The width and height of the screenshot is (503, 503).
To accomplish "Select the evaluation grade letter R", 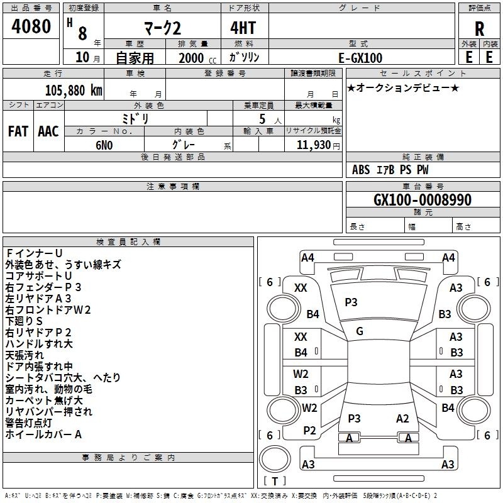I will click(x=479, y=30).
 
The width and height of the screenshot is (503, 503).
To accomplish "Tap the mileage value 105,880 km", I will click(x=74, y=90).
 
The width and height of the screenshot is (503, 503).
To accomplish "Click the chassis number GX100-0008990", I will click(x=422, y=201).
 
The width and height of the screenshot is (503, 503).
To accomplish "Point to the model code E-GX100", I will click(x=360, y=58).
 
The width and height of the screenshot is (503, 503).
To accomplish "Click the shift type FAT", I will click(x=18, y=131).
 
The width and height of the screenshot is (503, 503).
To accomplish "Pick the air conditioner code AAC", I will click(x=48, y=131).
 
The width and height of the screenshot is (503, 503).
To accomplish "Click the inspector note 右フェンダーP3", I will click(x=52, y=287).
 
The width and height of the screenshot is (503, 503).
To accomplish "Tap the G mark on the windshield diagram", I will click(x=359, y=331).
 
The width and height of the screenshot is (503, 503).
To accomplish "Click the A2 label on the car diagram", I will click(x=402, y=419).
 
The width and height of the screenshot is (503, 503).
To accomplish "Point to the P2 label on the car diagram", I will click(x=309, y=430).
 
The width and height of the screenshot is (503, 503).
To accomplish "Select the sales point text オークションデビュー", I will click(x=402, y=88).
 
